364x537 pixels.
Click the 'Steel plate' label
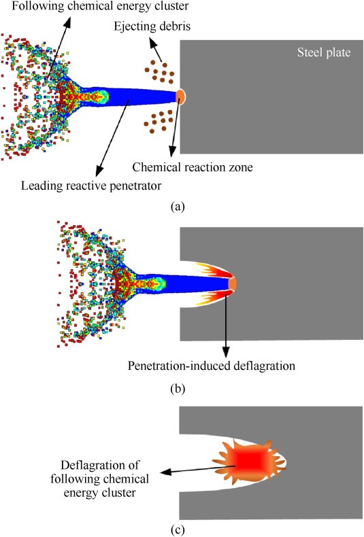pos(324,52)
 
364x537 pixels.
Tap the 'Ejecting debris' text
pos(152,27)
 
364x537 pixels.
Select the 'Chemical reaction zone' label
pos(193,167)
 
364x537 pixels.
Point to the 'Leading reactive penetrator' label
pos(91,186)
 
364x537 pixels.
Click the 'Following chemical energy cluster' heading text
pos(100,6)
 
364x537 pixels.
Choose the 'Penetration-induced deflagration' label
pos(211,366)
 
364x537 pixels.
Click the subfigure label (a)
pos(178,207)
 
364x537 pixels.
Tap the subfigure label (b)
pos(178,389)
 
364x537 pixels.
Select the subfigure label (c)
pos(178,530)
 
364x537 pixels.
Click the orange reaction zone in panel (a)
pos(180,97)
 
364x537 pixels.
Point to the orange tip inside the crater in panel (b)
pos(233,283)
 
